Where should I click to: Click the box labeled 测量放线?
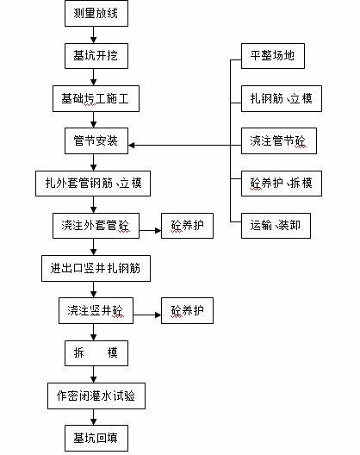pos(96,13)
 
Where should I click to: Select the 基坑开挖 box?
pos(96,56)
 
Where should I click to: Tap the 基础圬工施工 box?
pos(96,98)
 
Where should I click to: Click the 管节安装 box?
pos(96,141)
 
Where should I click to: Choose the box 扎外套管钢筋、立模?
pos(93,184)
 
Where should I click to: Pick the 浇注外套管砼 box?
pos(96,226)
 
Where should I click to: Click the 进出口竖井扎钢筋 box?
pos(96,268)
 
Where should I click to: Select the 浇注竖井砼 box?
pos(96,311)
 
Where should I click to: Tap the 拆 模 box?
pos(96,353)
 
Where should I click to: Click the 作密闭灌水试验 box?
pos(96,396)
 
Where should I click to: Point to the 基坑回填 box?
pos(96,438)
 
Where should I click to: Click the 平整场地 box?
pos(273,56)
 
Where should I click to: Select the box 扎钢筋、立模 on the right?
pos(282,98)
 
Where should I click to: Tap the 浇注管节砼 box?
pos(279,141)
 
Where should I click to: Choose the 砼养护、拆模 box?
pos(282,184)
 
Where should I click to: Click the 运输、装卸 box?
pos(276,226)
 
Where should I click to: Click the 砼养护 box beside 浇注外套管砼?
pos(188,226)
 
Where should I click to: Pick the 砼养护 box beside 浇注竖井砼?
pos(188,311)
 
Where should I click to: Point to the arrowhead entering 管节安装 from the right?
pos(132,145)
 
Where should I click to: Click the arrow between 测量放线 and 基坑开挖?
pos(93,35)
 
